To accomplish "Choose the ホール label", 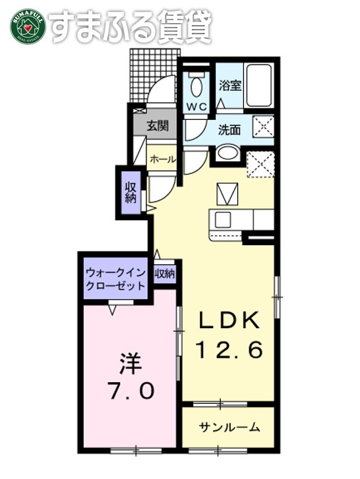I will pos(162,159).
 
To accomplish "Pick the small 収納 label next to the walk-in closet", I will pos(165,273).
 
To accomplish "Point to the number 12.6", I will pos(229,349).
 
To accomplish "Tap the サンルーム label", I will pos(229,427).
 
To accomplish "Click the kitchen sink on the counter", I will pos(222,219).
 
